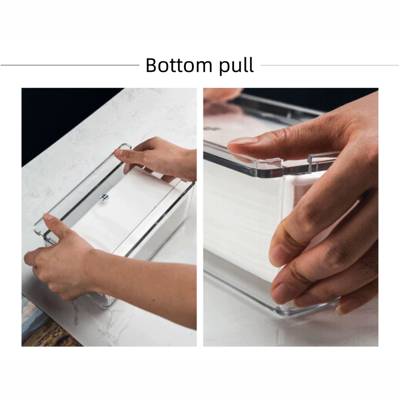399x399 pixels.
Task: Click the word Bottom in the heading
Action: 179,66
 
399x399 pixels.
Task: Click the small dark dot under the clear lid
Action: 105,197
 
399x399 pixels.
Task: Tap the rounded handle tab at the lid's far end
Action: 125,146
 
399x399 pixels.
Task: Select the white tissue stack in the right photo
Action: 241,216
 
